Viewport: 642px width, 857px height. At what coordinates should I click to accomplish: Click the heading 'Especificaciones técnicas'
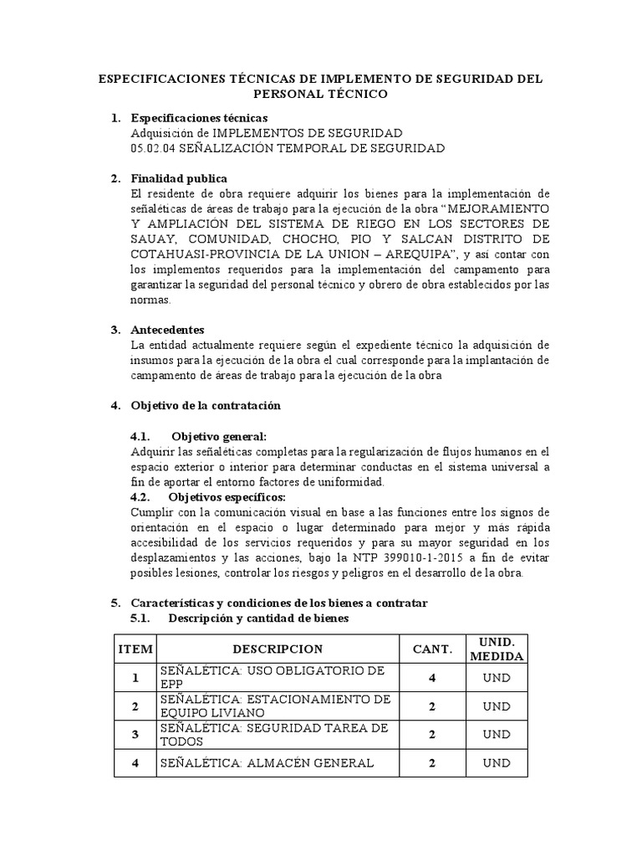point(200,118)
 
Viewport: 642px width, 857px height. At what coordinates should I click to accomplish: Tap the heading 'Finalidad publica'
point(179,178)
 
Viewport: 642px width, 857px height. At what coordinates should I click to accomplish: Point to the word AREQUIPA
point(422,254)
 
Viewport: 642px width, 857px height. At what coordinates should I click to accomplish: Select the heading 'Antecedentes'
point(167,330)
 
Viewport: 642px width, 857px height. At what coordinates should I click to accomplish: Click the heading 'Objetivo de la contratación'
point(206,406)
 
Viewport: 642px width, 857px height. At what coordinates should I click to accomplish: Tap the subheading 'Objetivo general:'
point(219,437)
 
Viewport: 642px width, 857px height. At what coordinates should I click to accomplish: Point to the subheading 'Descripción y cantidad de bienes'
point(257,618)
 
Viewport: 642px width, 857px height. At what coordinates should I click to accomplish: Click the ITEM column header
point(135,649)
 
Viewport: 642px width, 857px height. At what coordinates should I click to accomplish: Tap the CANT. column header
point(432,649)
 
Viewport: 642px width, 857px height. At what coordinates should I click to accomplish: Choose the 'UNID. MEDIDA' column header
point(497,649)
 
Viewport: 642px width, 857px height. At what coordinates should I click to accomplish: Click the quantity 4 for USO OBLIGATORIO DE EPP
point(432,678)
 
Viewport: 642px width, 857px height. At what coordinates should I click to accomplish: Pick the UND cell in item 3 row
point(497,735)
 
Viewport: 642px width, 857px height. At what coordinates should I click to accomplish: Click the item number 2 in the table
point(135,706)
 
